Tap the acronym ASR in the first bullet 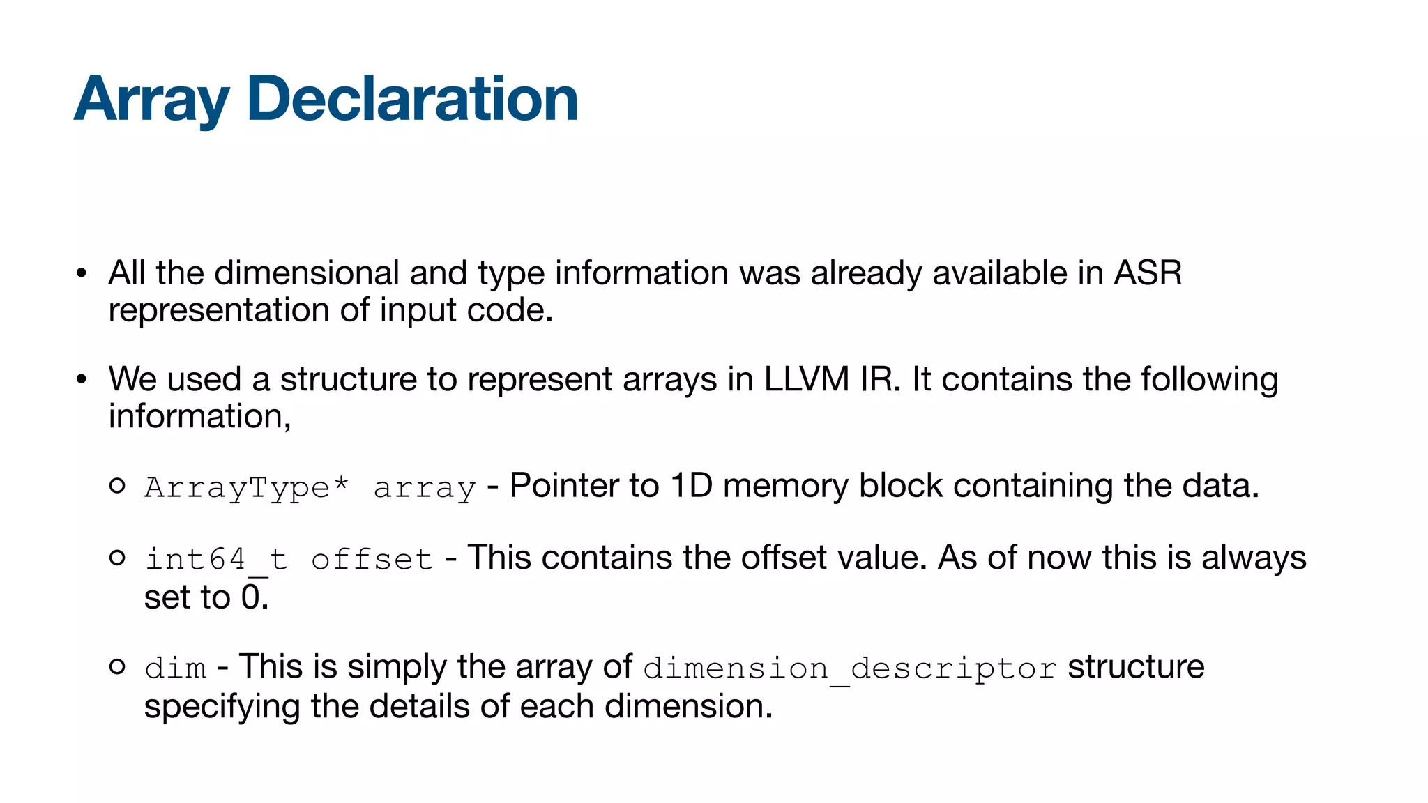[x=1147, y=273]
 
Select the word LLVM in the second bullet [x=806, y=379]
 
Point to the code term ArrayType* [x=246, y=487]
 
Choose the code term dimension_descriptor [x=850, y=668]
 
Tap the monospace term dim [x=175, y=668]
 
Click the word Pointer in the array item [x=564, y=486]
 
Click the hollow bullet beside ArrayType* [x=117, y=486]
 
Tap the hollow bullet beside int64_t [x=117, y=558]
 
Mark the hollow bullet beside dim [x=117, y=666]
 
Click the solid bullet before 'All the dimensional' [x=82, y=273]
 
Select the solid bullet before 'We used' [x=82, y=380]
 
